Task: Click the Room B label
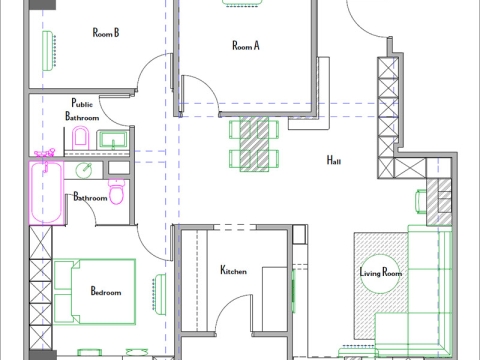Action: point(106,32)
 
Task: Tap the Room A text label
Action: point(246,45)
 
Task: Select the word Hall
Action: point(334,160)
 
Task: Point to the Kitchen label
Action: point(234,270)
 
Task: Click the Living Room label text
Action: point(380,272)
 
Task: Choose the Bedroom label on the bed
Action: point(105,292)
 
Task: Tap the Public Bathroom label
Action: point(82,110)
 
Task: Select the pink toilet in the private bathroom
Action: point(117,190)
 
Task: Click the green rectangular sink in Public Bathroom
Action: point(113,137)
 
